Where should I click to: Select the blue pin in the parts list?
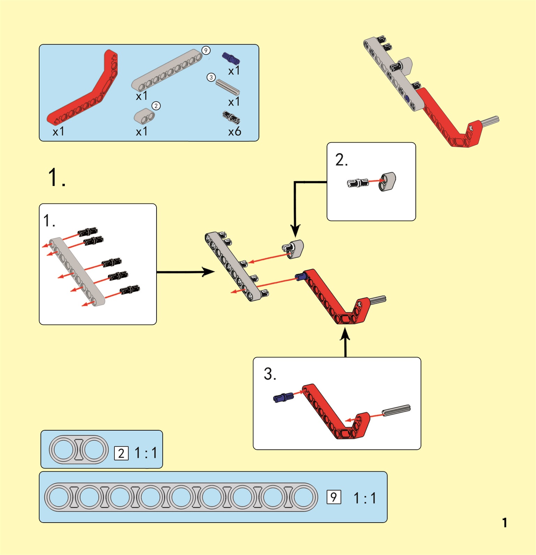click(230, 58)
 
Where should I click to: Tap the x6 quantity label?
click(235, 131)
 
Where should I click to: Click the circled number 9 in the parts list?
click(206, 51)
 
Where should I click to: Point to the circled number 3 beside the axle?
click(211, 77)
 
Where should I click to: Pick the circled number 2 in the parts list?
click(156, 106)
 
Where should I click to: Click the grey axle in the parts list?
click(228, 87)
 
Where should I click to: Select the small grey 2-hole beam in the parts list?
click(144, 116)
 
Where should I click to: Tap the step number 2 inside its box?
click(341, 160)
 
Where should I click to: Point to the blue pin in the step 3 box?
click(283, 397)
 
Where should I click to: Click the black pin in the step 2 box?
click(358, 183)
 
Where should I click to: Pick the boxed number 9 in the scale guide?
click(334, 497)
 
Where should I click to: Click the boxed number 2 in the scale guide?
click(121, 453)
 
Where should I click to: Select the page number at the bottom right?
click(504, 523)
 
